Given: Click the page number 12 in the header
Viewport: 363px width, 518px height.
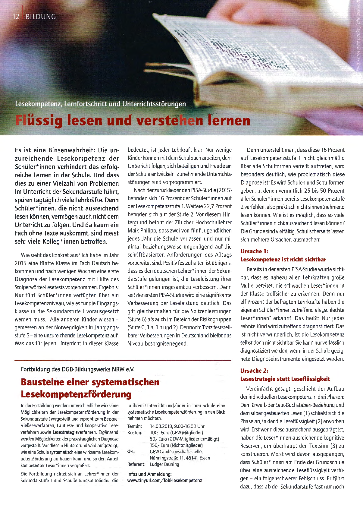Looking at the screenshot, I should tap(16, 17).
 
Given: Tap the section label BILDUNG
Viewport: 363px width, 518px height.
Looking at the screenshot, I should tap(41, 17).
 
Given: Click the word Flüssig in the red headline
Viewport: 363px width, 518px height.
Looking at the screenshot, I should tap(39, 120).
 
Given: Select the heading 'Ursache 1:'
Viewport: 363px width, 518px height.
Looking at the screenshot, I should tap(254, 251).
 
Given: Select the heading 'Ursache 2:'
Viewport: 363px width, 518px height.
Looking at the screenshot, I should tap(254, 371).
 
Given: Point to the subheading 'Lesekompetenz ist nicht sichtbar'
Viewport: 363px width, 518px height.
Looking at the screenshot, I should tap(283, 259).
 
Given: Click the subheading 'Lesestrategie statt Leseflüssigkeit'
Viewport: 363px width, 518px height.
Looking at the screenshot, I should tap(285, 379).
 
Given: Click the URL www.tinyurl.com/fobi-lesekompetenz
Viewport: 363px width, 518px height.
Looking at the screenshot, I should tap(164, 480).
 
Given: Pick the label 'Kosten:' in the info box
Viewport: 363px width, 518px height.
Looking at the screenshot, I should tap(135, 433).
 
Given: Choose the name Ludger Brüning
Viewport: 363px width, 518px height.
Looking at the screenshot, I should tap(164, 464).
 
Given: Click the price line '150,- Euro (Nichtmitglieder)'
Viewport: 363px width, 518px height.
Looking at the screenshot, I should tap(176, 445).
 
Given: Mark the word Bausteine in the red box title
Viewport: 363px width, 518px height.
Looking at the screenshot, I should tap(42, 382).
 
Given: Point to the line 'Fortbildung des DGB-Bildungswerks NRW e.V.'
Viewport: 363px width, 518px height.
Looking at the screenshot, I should tap(78, 369).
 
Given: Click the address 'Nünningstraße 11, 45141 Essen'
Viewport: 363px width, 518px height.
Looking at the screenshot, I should tap(180, 458).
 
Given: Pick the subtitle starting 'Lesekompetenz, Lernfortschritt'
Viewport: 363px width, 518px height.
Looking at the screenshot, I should tap(100, 104).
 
